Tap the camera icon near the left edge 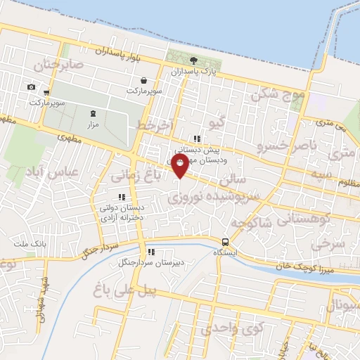31,86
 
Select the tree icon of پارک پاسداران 193,60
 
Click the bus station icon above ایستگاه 225,240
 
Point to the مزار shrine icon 92,113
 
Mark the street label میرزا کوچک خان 303,268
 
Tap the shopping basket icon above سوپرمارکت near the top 143,80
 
